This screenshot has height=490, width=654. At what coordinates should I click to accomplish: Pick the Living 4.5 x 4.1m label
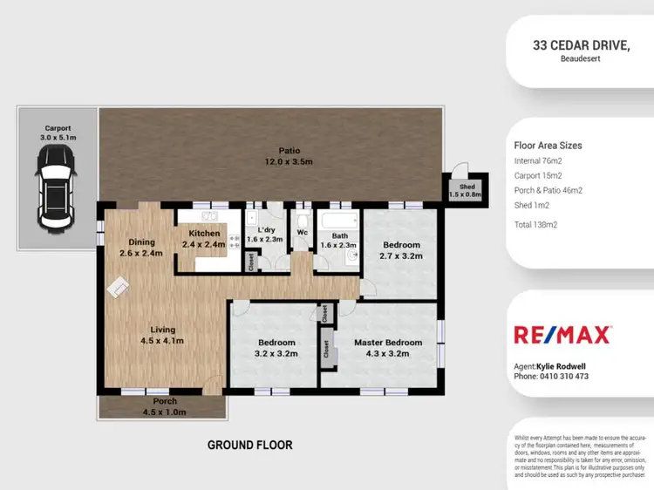[162, 336]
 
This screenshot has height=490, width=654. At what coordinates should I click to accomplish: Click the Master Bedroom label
[387, 348]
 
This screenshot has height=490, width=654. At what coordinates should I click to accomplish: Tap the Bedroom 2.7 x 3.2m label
[401, 251]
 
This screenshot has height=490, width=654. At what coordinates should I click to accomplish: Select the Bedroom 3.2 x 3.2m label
[276, 348]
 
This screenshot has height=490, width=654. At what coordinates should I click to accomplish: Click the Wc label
[303, 234]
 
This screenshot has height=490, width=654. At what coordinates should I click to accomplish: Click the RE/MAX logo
[562, 334]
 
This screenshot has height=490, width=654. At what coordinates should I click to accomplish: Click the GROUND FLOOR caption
[249, 445]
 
